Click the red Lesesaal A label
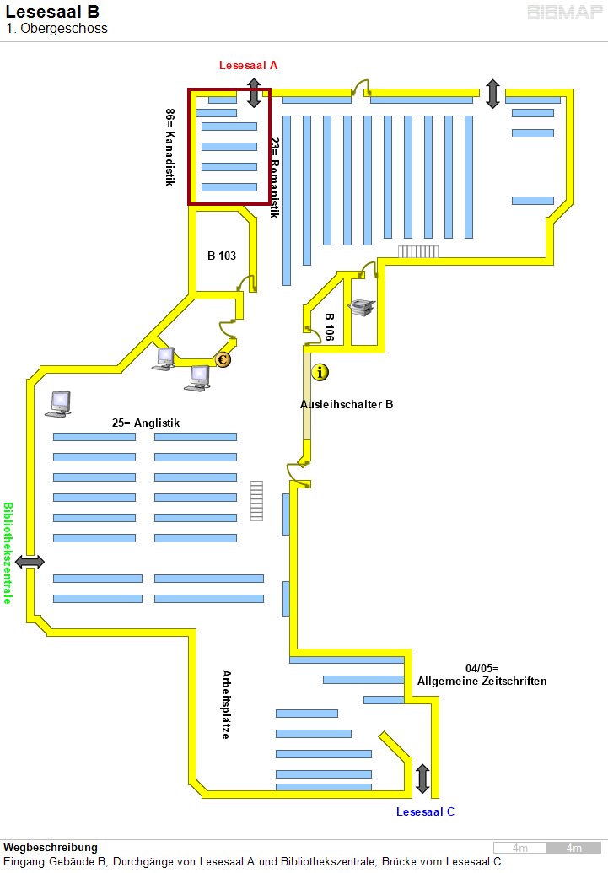248,65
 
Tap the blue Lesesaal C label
425,811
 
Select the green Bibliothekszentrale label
8,553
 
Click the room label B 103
222,256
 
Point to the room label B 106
330,326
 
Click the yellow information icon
320,371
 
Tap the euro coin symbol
223,360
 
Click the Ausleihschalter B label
347,404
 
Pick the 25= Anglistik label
146,423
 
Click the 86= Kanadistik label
170,147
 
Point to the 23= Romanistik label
274,178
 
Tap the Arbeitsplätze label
226,704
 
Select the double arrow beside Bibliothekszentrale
30,562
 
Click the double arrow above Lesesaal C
422,777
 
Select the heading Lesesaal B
52,12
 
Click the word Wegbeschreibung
51,847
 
